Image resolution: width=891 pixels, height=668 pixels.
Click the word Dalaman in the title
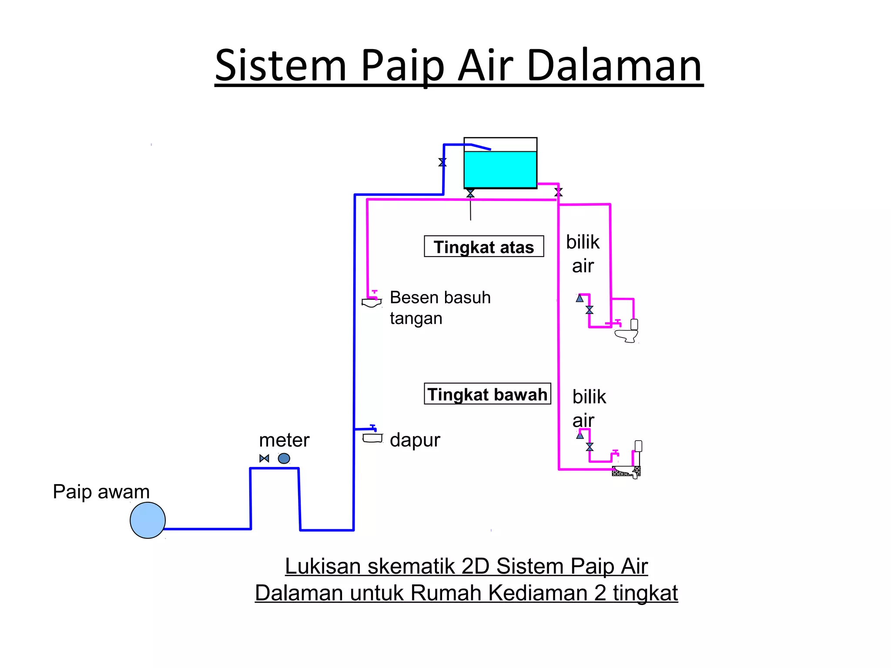[x=614, y=66]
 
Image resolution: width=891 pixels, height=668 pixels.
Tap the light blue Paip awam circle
[x=147, y=520]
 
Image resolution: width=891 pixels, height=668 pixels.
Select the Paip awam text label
[x=101, y=492]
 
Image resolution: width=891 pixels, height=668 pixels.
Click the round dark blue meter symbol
[x=284, y=458]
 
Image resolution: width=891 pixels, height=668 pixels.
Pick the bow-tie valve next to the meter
[x=264, y=458]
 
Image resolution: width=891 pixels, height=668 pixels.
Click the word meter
[x=284, y=440]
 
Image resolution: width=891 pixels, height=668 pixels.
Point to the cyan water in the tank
[x=500, y=170]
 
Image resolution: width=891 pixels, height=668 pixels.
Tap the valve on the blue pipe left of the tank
[x=442, y=162]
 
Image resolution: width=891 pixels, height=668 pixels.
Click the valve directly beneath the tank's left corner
[x=470, y=193]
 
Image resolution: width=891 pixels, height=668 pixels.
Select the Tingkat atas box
[x=484, y=247]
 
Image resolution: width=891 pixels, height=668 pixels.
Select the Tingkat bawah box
[x=487, y=394]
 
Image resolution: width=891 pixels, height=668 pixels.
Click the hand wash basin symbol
[x=372, y=303]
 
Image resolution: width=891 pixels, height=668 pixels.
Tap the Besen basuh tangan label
[x=439, y=307]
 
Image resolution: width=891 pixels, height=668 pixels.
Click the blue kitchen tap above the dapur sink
[x=373, y=428]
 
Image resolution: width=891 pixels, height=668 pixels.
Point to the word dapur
[x=415, y=440]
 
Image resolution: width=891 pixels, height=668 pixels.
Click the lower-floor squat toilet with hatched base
[x=626, y=471]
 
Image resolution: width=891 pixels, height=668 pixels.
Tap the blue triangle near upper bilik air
[x=579, y=298]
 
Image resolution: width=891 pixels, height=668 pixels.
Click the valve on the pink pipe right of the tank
[x=559, y=192]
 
